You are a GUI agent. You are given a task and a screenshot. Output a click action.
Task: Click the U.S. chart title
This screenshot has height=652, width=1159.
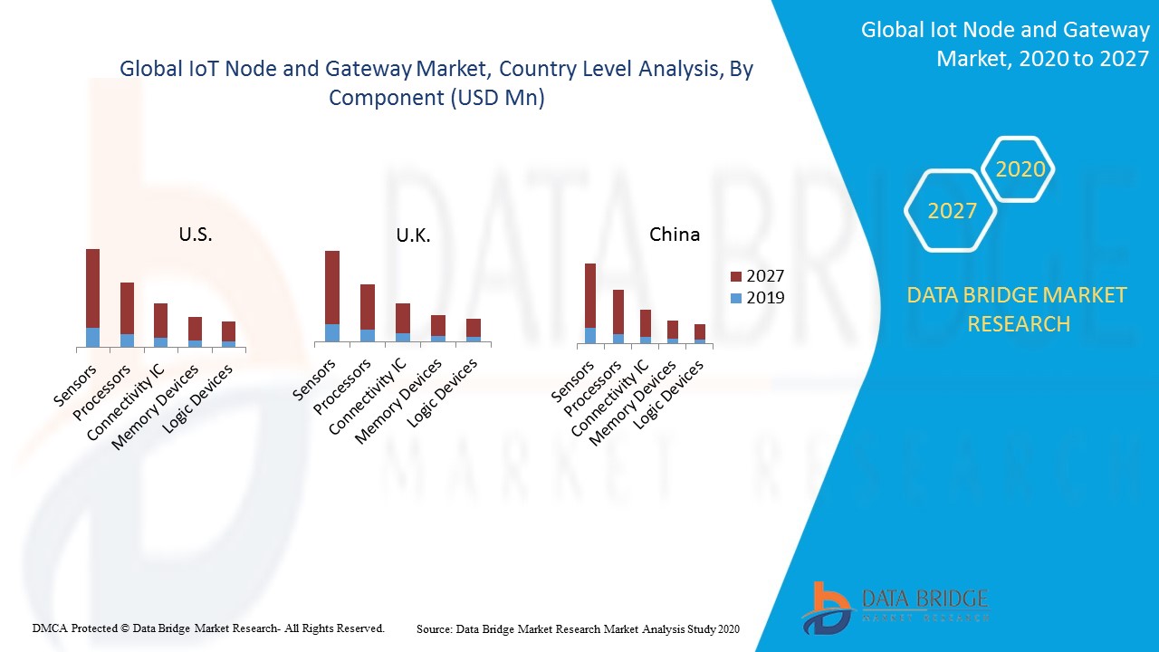click(x=195, y=235)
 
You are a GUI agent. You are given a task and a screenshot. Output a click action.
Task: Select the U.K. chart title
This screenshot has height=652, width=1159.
click(x=413, y=235)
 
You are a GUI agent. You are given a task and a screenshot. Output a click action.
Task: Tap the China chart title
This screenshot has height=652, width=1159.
click(x=675, y=235)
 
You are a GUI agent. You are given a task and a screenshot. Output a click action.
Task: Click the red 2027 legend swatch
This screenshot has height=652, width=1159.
click(x=736, y=276)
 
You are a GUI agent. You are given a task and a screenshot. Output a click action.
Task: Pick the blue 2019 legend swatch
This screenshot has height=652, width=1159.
click(x=736, y=298)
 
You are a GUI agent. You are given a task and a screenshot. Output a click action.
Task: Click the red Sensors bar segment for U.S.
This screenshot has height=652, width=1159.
click(x=92, y=288)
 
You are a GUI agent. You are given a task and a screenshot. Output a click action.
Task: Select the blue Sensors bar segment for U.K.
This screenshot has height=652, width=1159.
click(x=332, y=332)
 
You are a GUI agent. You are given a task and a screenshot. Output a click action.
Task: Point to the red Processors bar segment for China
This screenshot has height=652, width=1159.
click(x=618, y=312)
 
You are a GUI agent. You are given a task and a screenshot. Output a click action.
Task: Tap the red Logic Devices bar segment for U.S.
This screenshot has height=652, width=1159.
click(x=228, y=331)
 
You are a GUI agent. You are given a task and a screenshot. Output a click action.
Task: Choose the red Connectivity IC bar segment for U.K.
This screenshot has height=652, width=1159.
click(x=403, y=318)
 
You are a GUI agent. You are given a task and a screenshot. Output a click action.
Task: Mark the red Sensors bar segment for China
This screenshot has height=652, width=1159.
click(x=590, y=295)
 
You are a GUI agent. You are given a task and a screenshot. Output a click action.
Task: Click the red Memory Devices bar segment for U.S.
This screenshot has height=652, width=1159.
click(x=195, y=328)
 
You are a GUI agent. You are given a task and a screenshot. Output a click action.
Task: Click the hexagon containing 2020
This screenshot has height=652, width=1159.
click(x=1019, y=169)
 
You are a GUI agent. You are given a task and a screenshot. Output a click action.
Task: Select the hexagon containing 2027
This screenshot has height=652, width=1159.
click(x=951, y=211)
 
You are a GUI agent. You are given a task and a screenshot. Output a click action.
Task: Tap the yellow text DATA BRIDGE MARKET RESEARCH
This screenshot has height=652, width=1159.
click(x=1018, y=309)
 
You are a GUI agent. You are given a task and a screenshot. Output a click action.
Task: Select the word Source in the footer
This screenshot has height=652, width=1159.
click(x=435, y=628)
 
